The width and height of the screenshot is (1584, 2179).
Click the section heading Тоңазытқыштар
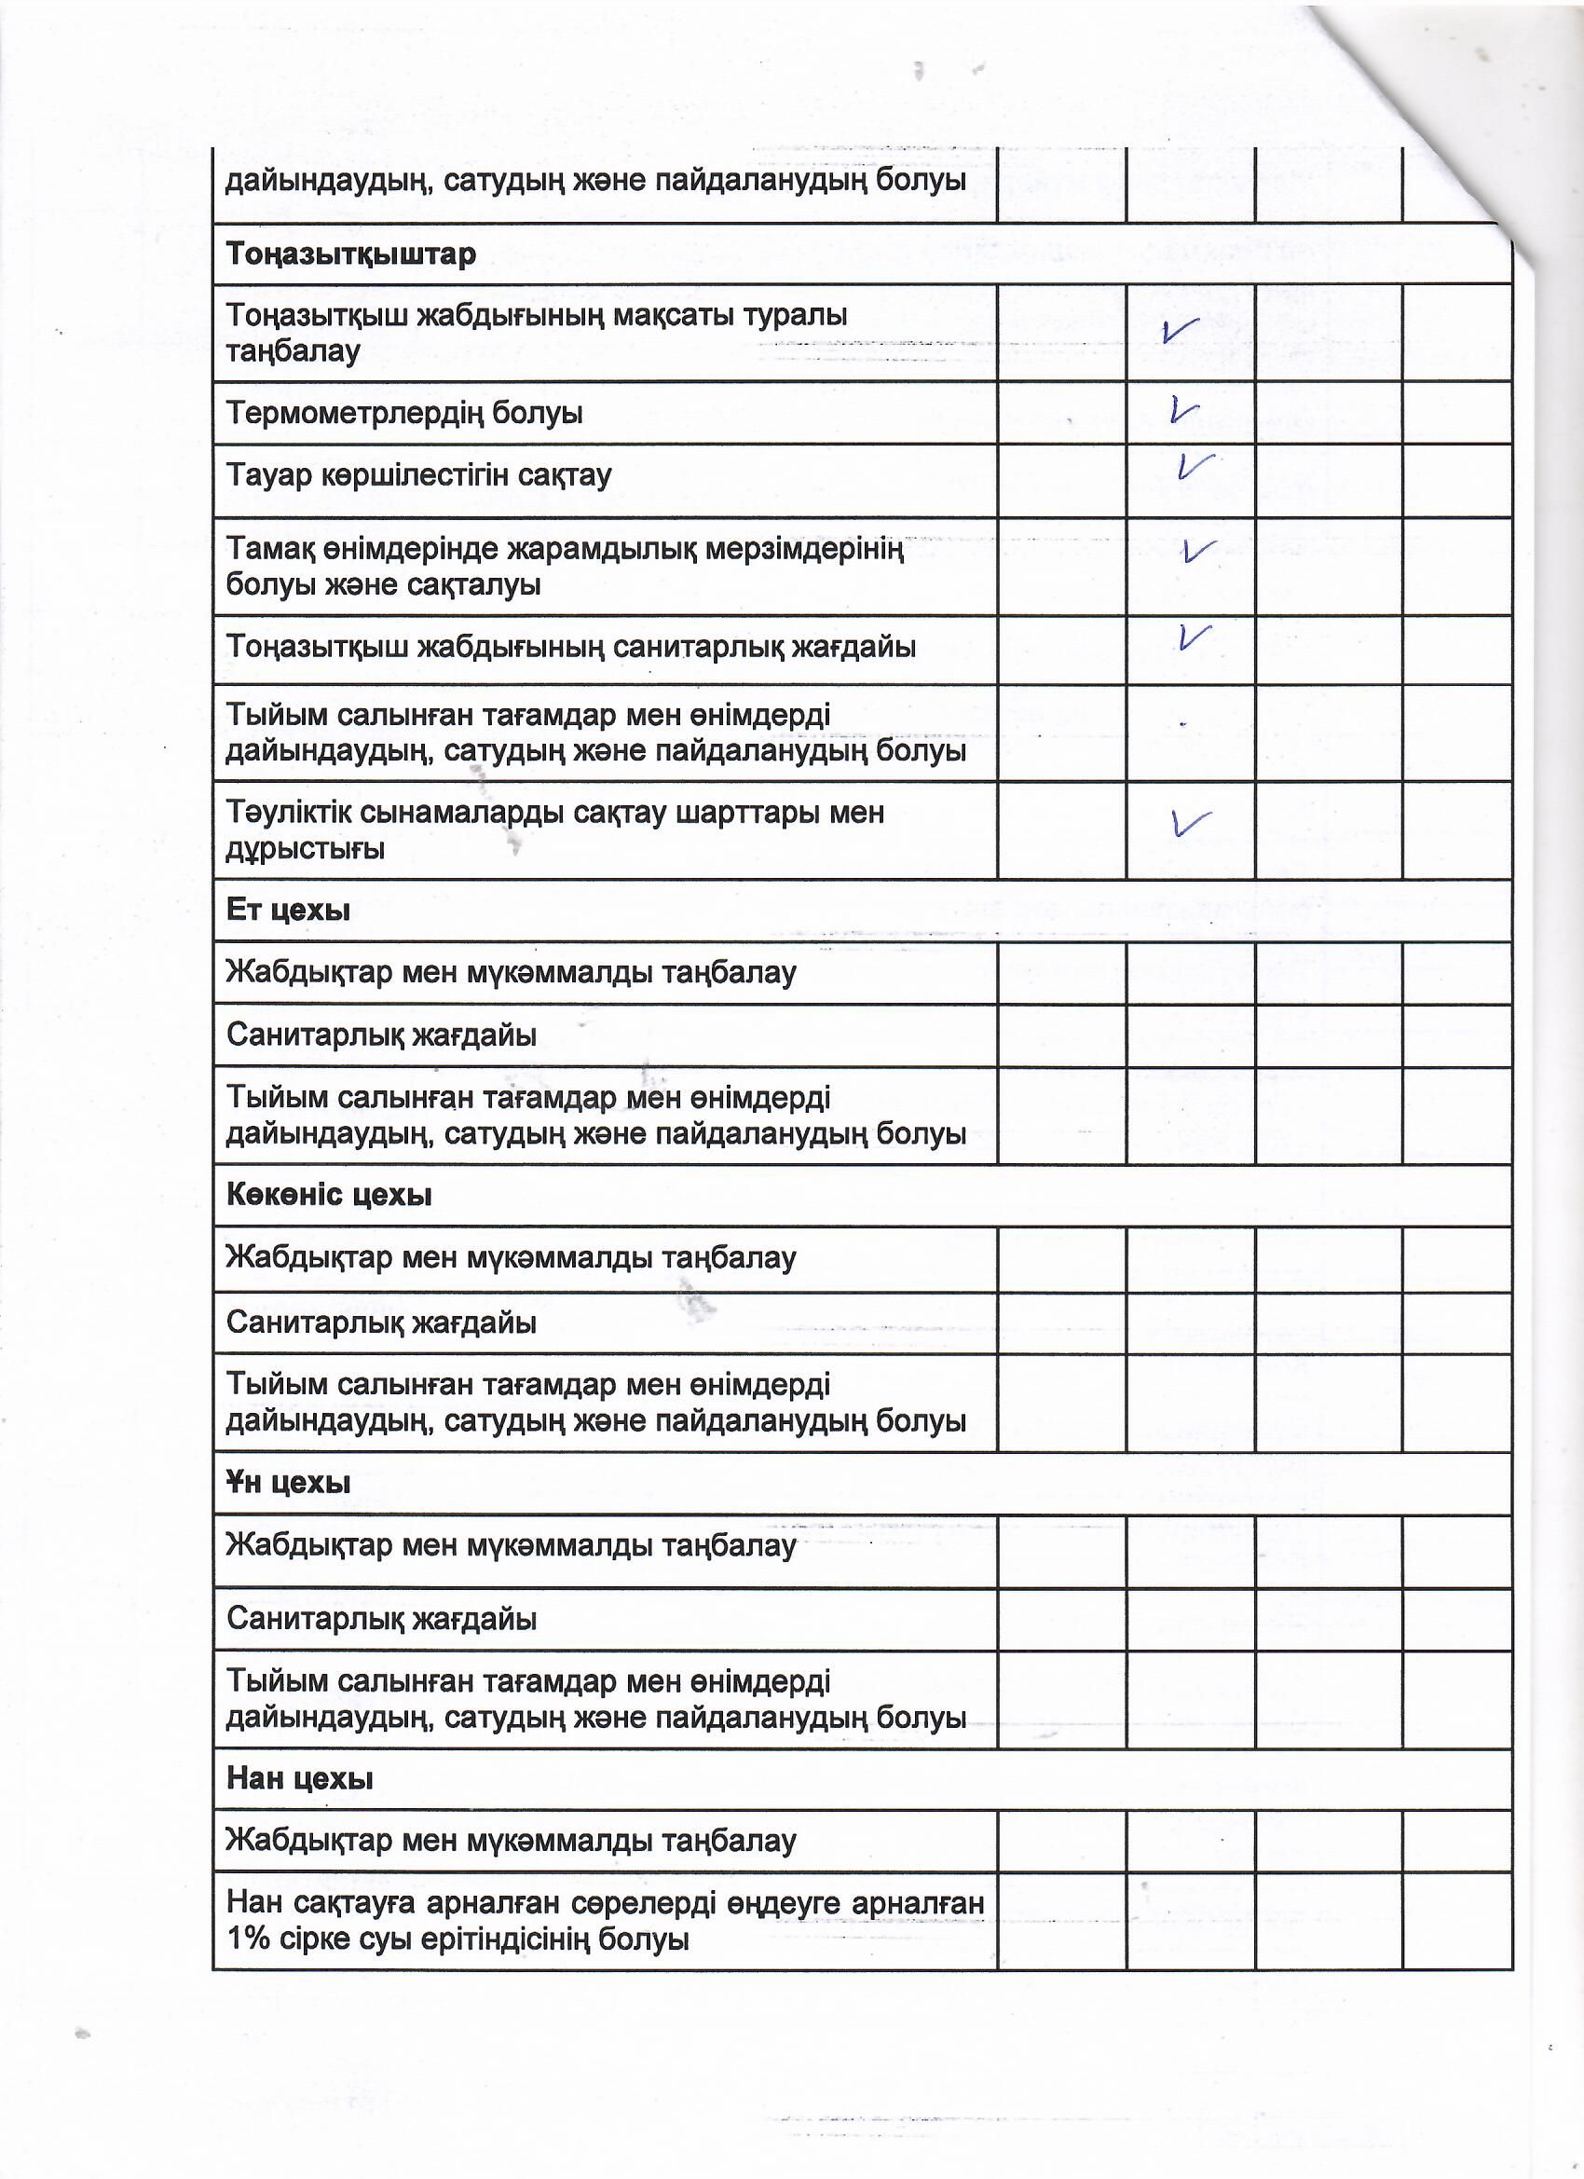[x=350, y=255]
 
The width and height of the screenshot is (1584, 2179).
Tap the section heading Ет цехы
[x=288, y=910]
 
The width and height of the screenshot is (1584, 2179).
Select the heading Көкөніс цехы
[x=329, y=1195]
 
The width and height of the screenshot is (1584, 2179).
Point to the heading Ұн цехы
[x=288, y=1483]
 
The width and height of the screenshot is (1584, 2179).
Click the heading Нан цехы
[x=300, y=1778]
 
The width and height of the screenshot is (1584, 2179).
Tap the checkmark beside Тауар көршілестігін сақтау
[x=1195, y=466]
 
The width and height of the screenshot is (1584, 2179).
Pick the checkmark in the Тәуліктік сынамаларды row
[x=1190, y=822]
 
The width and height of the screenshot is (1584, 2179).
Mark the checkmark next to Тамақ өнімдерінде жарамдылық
[x=1198, y=552]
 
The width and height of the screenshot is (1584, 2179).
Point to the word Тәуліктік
[x=288, y=813]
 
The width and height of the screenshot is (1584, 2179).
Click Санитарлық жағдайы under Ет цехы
[x=381, y=1035]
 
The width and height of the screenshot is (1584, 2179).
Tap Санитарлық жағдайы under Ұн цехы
[x=381, y=1619]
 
